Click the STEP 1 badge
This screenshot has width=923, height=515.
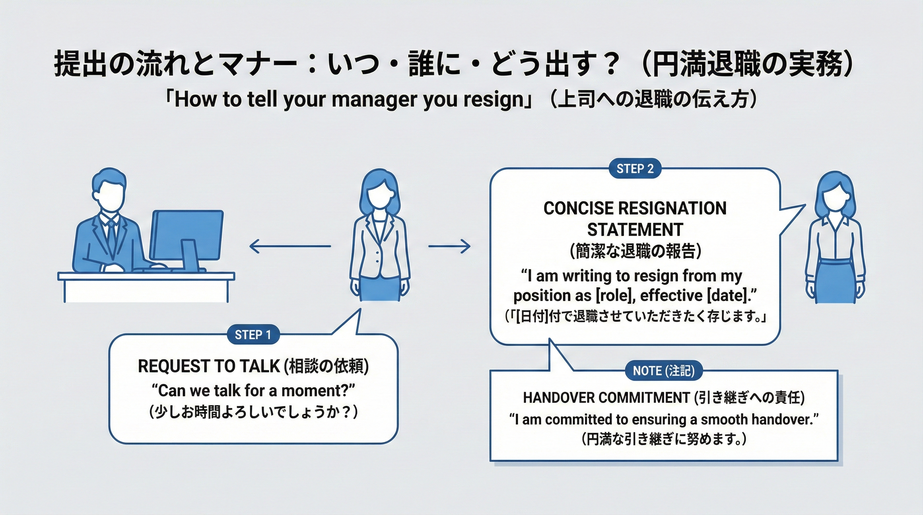(253, 335)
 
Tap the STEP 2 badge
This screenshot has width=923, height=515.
(635, 168)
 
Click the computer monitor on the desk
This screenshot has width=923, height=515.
(187, 235)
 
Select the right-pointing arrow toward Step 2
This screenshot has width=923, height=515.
(449, 246)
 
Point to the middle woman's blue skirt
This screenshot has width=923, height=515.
(380, 289)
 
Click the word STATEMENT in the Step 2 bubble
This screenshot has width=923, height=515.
(635, 230)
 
